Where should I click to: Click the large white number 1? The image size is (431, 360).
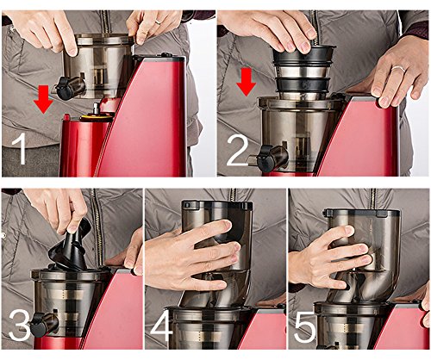pos(20,149)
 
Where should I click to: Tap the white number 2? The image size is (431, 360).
pos(238,151)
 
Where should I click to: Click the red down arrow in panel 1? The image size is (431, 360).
pos(43,100)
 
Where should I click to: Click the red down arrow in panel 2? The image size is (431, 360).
pos(246,82)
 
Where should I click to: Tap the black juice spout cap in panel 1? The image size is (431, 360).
pos(65,88)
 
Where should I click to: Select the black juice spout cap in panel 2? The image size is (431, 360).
pos(265,158)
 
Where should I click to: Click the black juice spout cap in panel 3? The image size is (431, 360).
pos(40,325)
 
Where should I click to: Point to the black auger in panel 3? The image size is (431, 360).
pos(71,249)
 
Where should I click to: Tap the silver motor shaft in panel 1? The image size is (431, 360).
pos(95,109)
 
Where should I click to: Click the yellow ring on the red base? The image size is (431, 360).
pos(96,118)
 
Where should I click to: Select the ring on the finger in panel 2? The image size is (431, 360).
pos(397,69)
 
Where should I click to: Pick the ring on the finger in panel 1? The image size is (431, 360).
pos(159,22)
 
